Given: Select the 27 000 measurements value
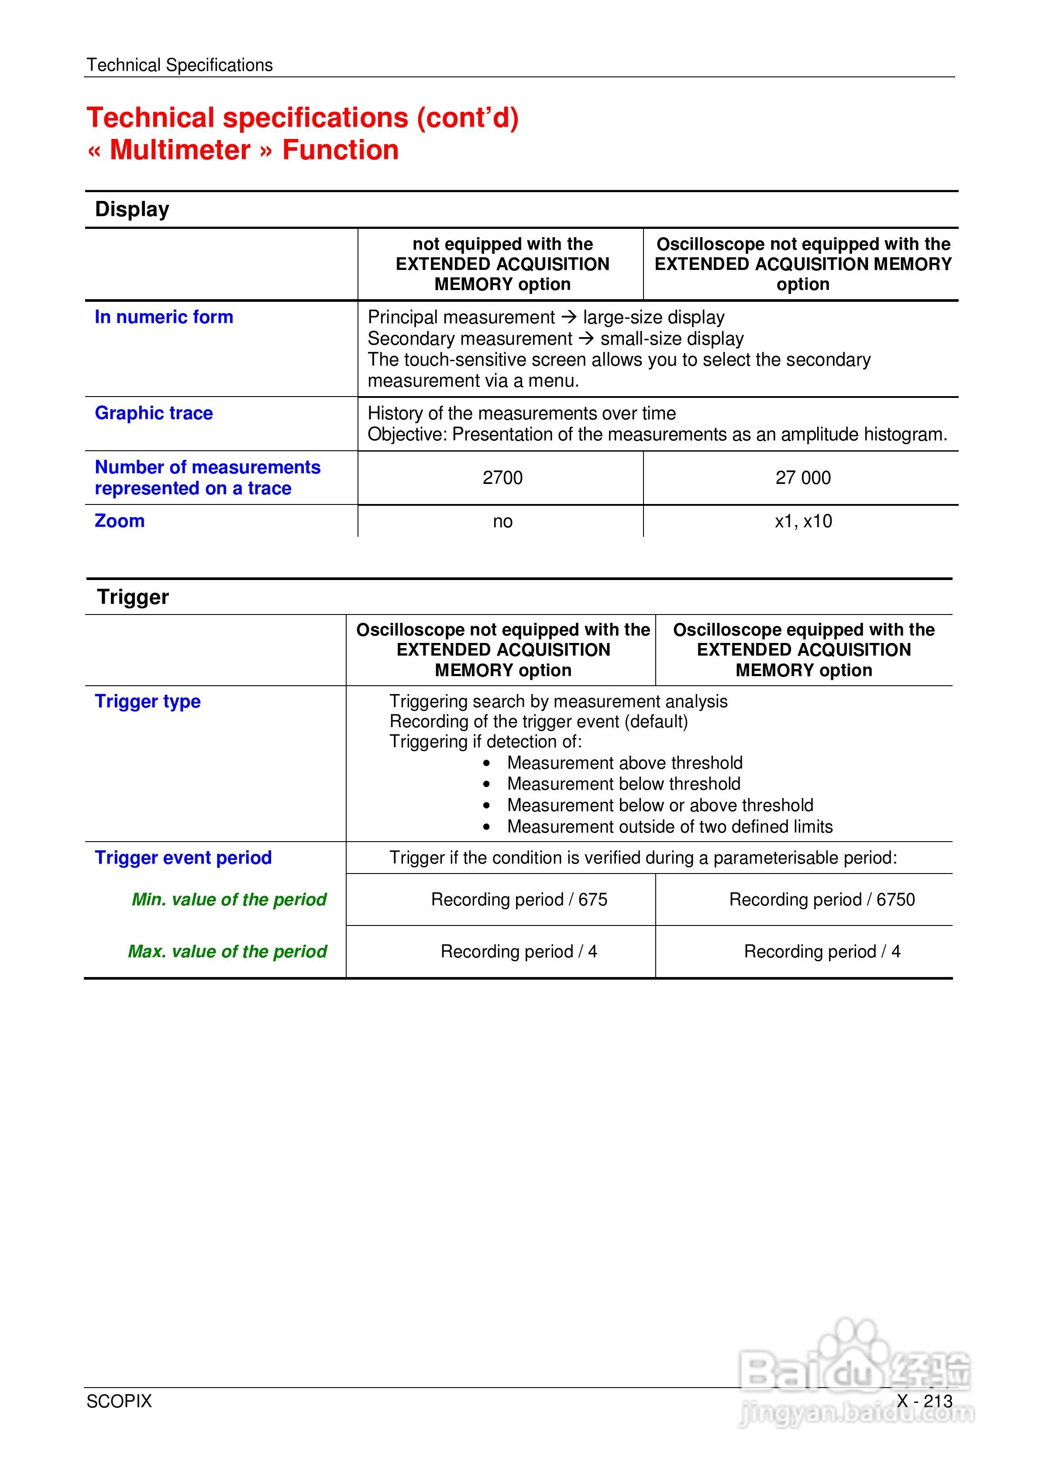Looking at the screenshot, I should click(x=803, y=477).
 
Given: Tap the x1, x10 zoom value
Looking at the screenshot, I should click(x=803, y=521).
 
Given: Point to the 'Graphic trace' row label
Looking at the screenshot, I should click(x=154, y=413).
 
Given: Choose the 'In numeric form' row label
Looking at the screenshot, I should click(x=164, y=317).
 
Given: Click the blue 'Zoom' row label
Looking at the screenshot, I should click(x=120, y=521).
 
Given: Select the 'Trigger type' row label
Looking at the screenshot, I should click(x=148, y=701).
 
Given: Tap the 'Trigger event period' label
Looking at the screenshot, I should click(x=183, y=858).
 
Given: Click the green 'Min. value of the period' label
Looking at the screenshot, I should click(x=229, y=900).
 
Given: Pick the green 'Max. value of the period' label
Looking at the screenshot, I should click(x=227, y=951).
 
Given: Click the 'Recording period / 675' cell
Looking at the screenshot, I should click(x=519, y=900).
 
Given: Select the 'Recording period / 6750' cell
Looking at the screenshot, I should click(x=822, y=900).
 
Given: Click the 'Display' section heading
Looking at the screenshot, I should click(x=132, y=210).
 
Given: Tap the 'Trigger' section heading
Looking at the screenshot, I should click(x=133, y=597).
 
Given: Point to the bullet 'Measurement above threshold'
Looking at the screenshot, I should click(x=625, y=763).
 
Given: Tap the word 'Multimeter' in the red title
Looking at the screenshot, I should click(x=180, y=150).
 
